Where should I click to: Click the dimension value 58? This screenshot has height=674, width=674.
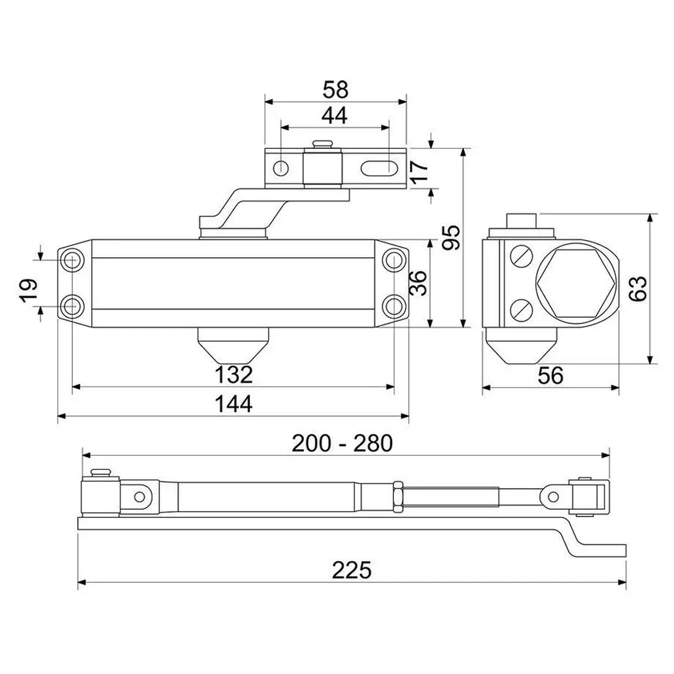point(335,90)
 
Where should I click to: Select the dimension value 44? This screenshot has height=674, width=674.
point(335,116)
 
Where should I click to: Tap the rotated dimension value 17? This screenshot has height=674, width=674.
point(420,171)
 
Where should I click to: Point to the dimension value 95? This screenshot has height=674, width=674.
point(451,237)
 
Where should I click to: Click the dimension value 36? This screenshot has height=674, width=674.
point(418,283)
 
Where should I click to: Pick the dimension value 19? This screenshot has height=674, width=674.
point(29,291)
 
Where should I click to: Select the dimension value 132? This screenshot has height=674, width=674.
point(233,374)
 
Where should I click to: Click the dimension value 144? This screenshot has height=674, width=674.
point(233,404)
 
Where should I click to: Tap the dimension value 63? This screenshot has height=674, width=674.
point(637,289)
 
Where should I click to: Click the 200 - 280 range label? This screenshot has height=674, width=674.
point(342,443)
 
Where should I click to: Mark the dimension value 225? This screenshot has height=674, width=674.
point(351,570)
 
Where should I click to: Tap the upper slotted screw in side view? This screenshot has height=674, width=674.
point(521,257)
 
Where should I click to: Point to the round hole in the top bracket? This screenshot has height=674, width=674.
point(282,166)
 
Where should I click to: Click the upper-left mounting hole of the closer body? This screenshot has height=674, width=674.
point(72,260)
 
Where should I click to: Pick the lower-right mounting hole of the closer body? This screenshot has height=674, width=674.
point(394,306)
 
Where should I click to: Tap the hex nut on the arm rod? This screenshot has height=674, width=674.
point(398,497)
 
